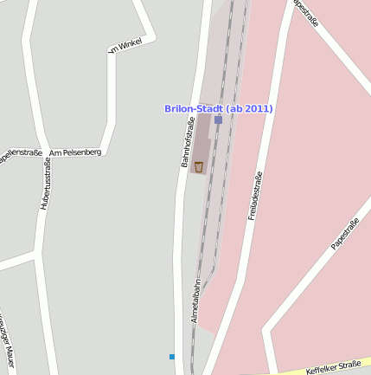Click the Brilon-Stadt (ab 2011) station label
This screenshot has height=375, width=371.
219,108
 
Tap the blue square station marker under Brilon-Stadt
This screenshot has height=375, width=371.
218,120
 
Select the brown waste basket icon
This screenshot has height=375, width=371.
199,166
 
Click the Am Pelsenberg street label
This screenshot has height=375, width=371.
75,152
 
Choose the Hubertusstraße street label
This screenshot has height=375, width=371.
45,184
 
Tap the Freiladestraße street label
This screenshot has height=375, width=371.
255,196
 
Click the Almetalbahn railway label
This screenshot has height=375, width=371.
197,300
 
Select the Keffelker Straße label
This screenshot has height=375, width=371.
333,368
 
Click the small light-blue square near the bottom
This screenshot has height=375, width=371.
172,356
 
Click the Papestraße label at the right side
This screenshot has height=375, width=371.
345,235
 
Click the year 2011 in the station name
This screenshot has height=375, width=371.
259,108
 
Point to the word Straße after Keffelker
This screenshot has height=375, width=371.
349,365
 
